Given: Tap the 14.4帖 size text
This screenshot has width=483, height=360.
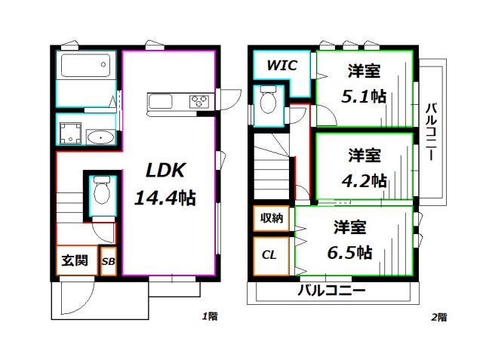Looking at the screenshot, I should point(165,198).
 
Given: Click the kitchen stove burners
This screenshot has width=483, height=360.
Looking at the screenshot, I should point(200,100).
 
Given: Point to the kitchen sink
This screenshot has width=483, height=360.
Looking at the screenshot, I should point(162,101).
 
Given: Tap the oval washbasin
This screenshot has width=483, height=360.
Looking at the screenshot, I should point(100,137).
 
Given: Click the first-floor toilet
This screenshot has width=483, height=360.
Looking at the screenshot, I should point(99,194).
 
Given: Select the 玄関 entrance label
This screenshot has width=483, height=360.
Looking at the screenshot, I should point(74,262).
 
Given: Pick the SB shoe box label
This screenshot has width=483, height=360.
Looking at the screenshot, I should point(108,262).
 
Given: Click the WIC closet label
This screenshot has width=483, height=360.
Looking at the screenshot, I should point(281,65).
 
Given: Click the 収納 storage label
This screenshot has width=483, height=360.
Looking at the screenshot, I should point(272,219).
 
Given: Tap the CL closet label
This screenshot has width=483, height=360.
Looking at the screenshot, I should point(269,254).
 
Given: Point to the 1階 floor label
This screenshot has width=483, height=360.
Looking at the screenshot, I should point(210,317).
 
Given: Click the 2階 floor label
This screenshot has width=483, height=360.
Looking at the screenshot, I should point(438,317).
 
